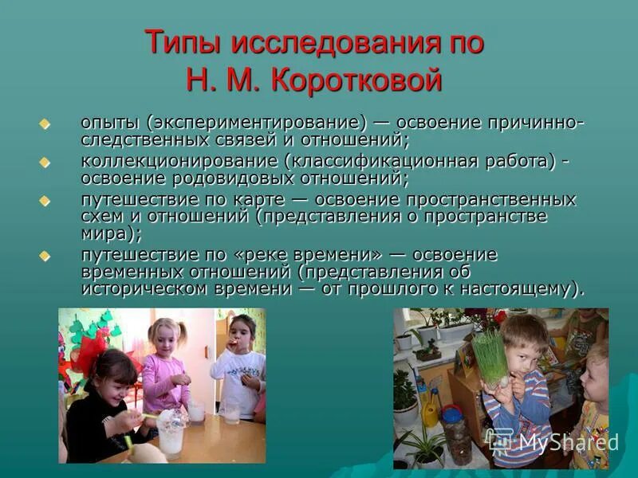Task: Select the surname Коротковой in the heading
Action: [x=357, y=80]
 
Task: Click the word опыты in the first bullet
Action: [x=110, y=124]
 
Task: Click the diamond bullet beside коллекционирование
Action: [x=45, y=162]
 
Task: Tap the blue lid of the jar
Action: [x=452, y=414]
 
